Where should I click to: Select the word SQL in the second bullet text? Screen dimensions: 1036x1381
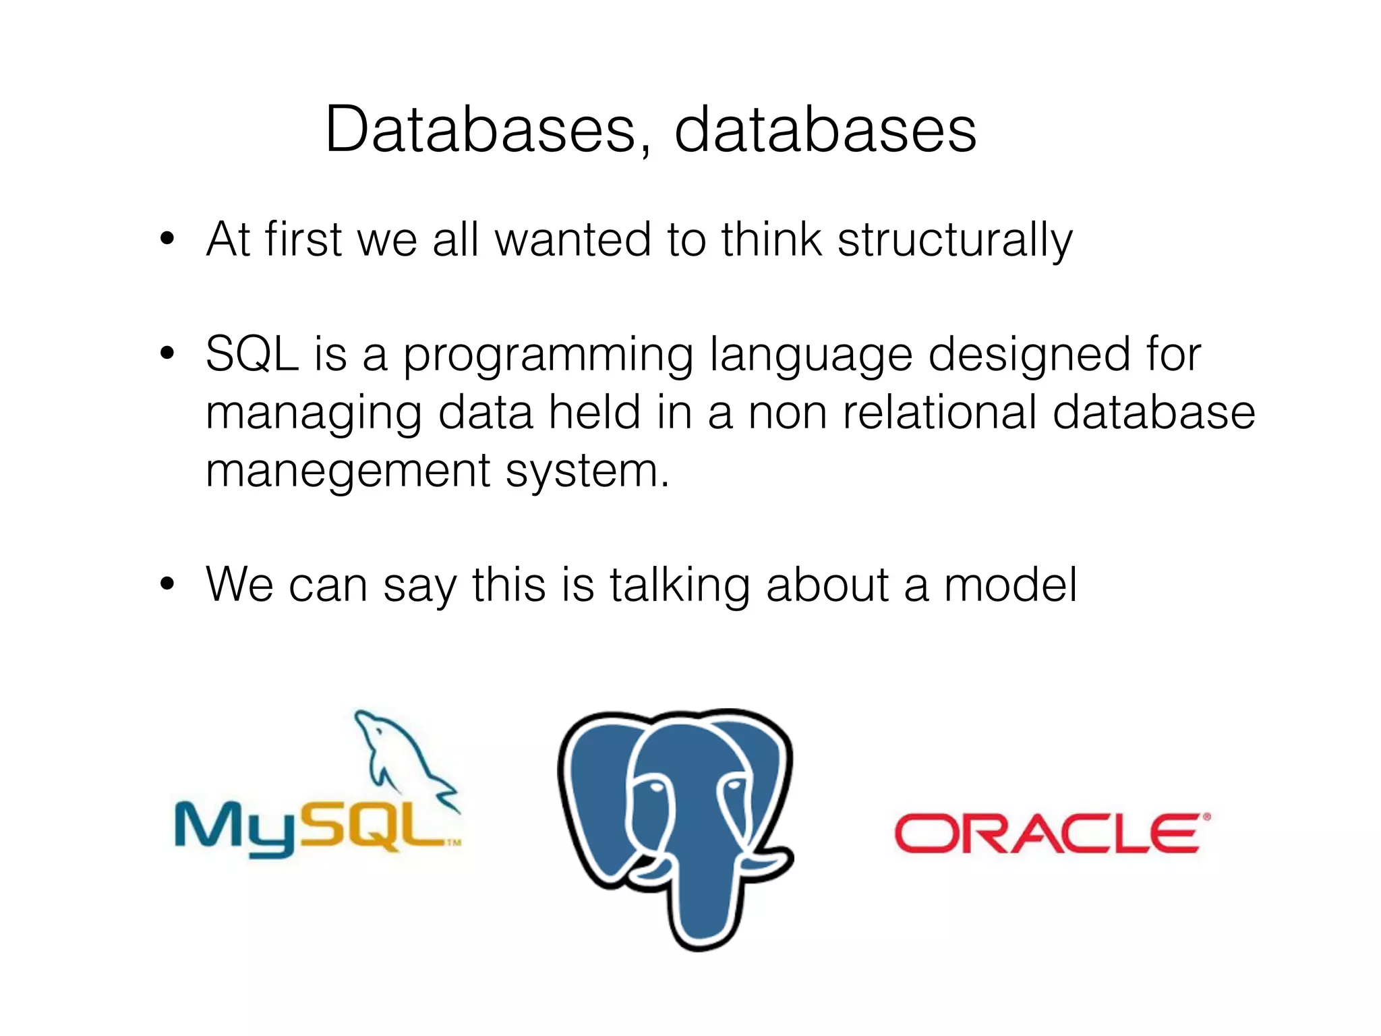pyautogui.click(x=252, y=354)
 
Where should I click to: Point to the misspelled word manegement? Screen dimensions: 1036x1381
pyautogui.click(x=347, y=470)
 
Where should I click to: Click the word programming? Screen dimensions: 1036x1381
pyautogui.click(x=548, y=355)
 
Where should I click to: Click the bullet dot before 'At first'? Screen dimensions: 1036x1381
pyautogui.click(x=167, y=239)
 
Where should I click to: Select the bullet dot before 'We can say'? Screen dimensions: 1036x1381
pyautogui.click(x=167, y=583)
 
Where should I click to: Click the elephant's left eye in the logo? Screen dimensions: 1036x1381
pyautogui.click(x=651, y=787)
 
